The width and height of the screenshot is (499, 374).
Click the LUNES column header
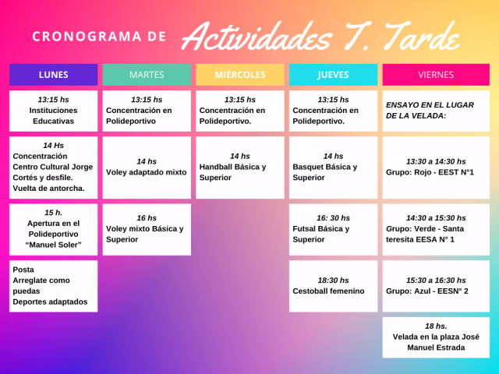click(x=54, y=75)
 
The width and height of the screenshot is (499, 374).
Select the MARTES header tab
click(x=147, y=75)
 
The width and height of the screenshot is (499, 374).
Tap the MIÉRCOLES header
click(x=240, y=75)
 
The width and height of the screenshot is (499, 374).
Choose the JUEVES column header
click(x=333, y=75)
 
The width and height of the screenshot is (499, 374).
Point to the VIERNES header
click(x=436, y=75)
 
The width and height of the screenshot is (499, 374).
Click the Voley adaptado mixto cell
click(x=147, y=168)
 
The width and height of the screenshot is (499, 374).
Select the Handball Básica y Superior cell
click(x=240, y=168)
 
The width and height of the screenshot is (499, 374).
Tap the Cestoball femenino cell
click(x=333, y=286)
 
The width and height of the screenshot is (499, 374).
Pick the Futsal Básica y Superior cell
click(x=333, y=230)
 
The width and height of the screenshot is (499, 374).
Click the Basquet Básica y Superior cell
click(x=333, y=168)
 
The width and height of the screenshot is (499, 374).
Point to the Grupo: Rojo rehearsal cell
click(x=436, y=168)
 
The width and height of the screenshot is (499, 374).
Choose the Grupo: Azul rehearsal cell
click(x=436, y=286)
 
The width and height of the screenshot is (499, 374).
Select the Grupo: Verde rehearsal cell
click(x=436, y=230)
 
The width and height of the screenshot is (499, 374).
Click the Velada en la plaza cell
click(x=436, y=337)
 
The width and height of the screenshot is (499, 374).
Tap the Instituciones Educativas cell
click(x=54, y=111)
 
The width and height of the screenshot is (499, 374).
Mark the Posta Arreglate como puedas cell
click(x=54, y=286)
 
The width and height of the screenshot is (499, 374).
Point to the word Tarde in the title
click(x=422, y=37)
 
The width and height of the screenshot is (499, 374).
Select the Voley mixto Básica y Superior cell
click(x=147, y=230)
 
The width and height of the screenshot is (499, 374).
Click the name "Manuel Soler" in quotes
click(x=54, y=245)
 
